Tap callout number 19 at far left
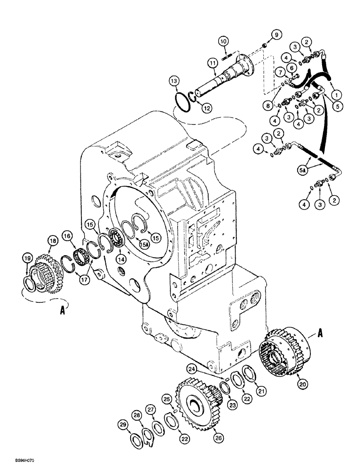tap(26, 258)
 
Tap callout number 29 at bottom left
tap(122, 425)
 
